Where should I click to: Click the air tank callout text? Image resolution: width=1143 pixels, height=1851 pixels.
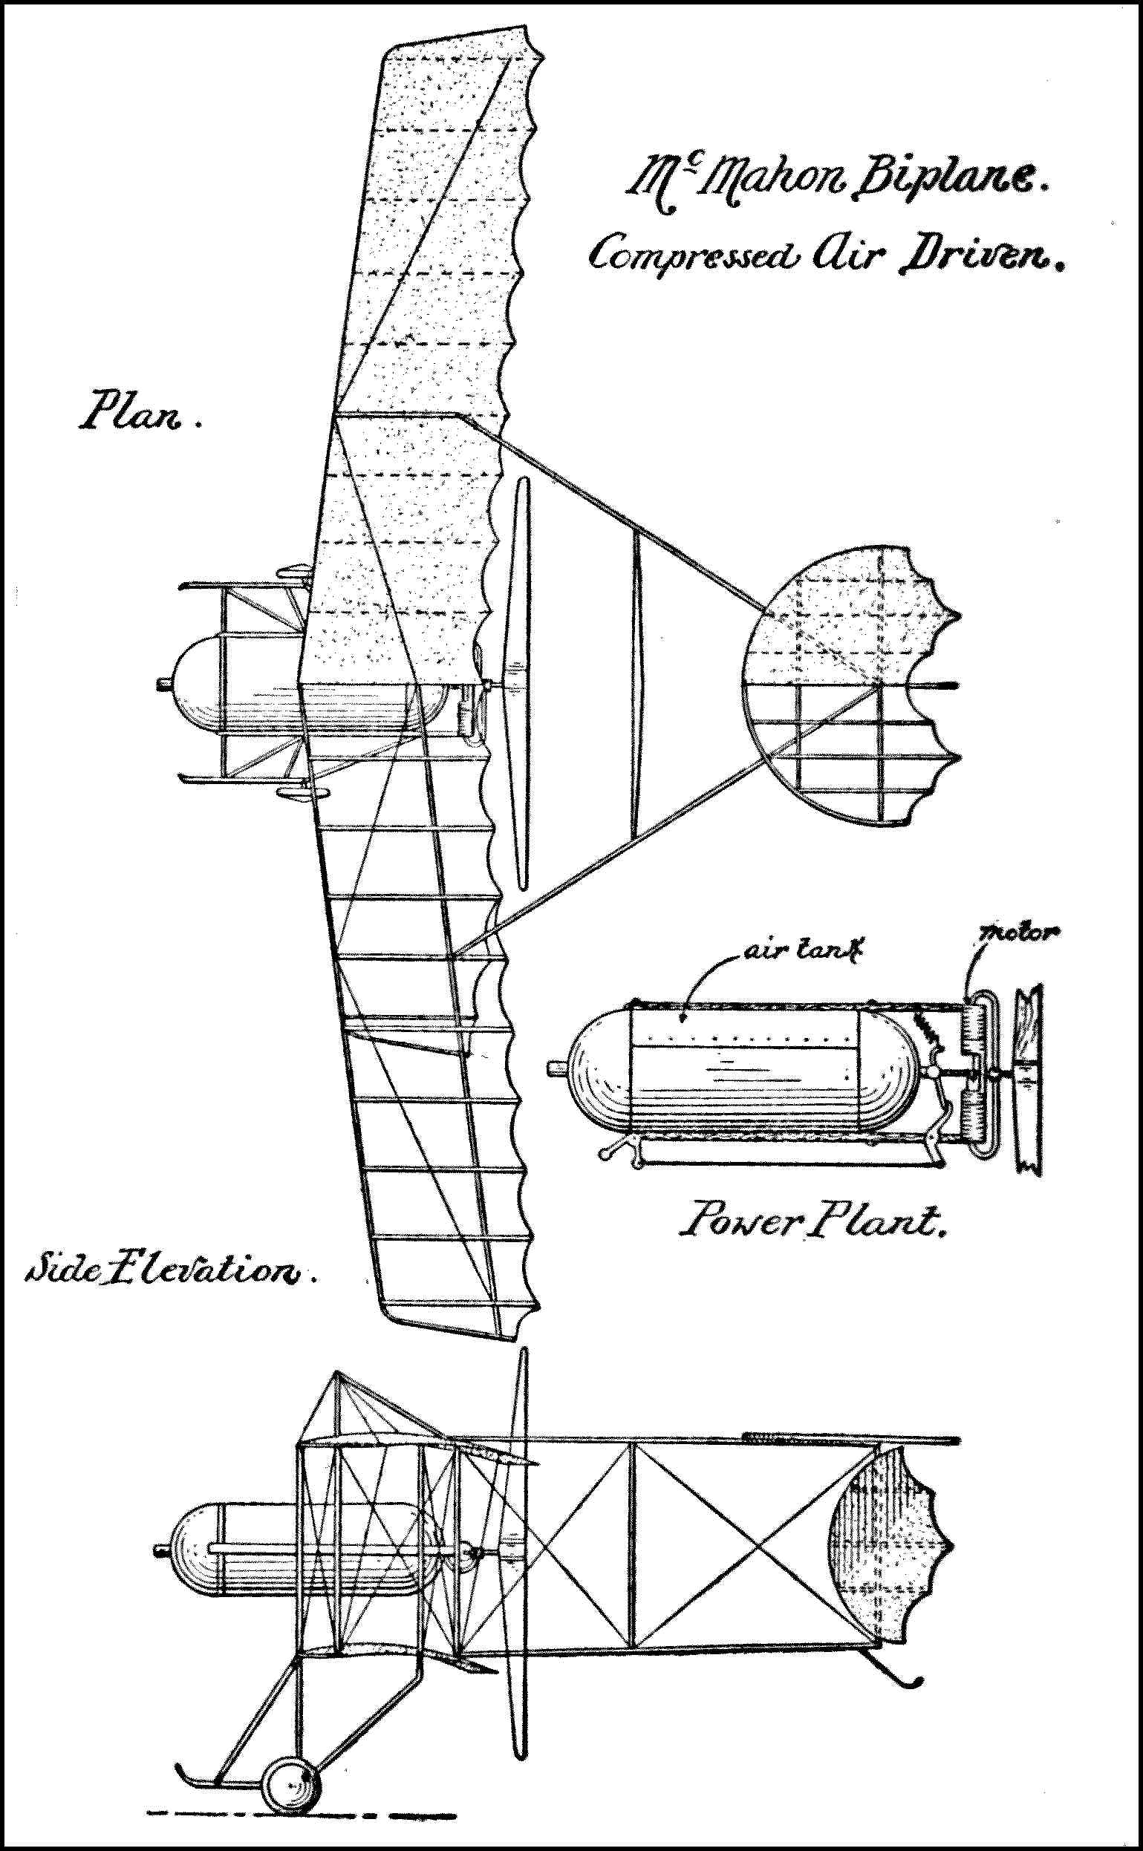(x=802, y=952)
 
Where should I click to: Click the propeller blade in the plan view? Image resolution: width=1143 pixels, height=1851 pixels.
(x=521, y=680)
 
